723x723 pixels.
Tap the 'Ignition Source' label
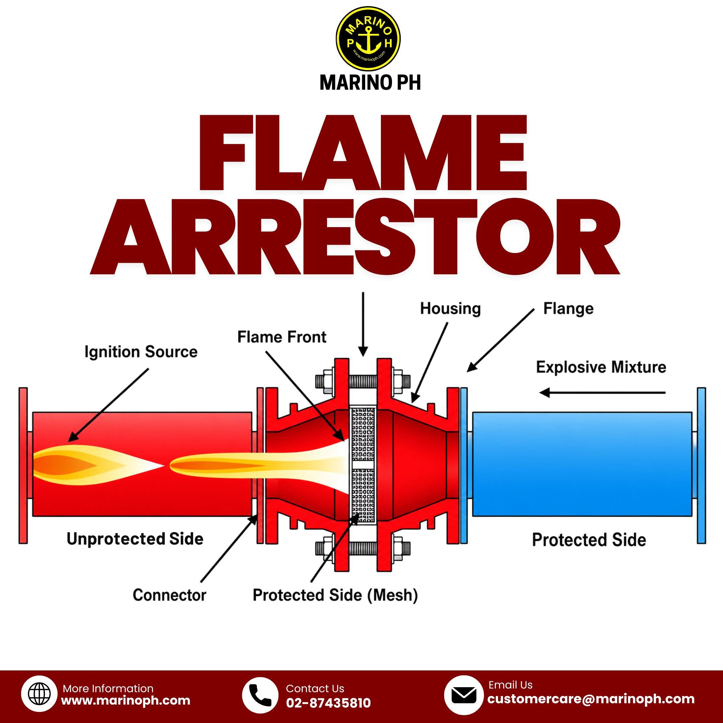(x=141, y=352)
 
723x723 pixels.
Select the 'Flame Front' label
(x=282, y=337)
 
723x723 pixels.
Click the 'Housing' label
(x=450, y=309)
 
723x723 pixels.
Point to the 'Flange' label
(x=568, y=309)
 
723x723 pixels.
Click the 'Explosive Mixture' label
(x=601, y=367)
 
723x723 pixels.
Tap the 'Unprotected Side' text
(x=135, y=539)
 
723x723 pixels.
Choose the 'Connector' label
(x=169, y=595)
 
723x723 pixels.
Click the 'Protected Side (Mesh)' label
(x=335, y=595)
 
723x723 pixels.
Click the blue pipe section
(x=582, y=464)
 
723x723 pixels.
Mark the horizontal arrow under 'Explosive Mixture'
(x=602, y=393)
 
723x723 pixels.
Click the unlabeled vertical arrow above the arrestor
(x=363, y=324)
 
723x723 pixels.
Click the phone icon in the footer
(x=260, y=695)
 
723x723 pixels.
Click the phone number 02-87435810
(x=328, y=703)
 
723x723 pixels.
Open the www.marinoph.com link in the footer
(x=126, y=700)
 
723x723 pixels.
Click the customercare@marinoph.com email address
(x=590, y=699)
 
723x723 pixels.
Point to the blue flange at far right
(x=701, y=465)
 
